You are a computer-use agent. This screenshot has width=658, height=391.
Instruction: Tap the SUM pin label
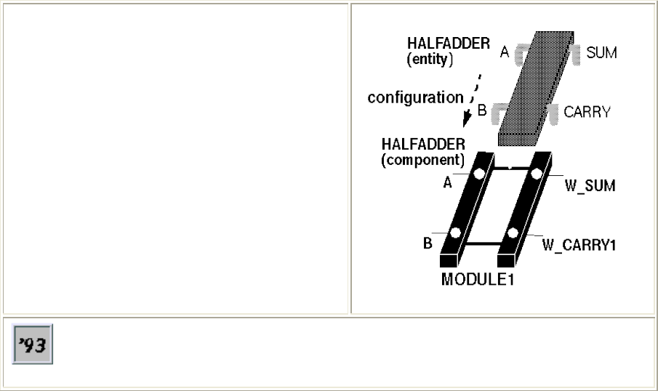pyautogui.click(x=601, y=53)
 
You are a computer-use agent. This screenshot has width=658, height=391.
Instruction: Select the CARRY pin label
pyautogui.click(x=587, y=113)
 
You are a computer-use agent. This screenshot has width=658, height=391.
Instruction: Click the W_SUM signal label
pyautogui.click(x=590, y=186)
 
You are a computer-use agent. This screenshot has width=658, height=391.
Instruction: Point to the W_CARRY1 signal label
pyautogui.click(x=579, y=245)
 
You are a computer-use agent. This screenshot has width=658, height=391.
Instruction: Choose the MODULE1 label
pyautogui.click(x=478, y=279)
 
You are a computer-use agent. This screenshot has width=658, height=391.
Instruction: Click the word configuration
pyautogui.click(x=415, y=97)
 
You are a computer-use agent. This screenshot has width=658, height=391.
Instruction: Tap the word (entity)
pyautogui.click(x=430, y=61)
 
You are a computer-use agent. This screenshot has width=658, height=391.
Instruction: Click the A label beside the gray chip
pyautogui.click(x=505, y=51)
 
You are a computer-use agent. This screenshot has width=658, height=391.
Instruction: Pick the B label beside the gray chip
pyautogui.click(x=481, y=111)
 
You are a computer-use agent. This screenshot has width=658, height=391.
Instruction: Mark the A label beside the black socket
pyautogui.click(x=448, y=184)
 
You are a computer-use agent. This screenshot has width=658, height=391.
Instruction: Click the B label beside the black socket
pyautogui.click(x=428, y=243)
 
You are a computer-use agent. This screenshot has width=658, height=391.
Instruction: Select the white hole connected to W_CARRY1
pyautogui.click(x=513, y=233)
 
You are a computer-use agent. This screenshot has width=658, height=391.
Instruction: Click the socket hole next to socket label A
pyautogui.click(x=479, y=174)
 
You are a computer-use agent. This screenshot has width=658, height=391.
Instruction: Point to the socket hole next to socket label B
pyautogui.click(x=455, y=233)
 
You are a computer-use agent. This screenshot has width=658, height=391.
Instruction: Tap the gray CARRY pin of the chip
pyautogui.click(x=550, y=112)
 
